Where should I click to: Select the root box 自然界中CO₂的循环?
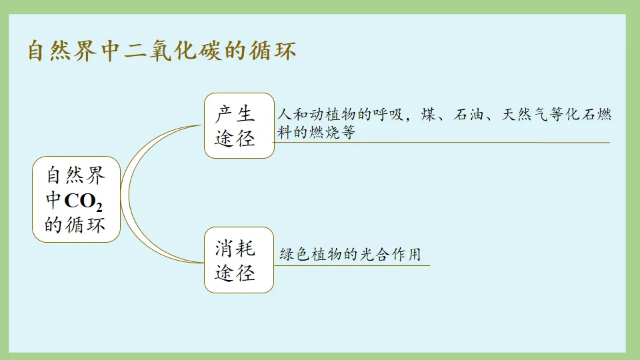(76, 199)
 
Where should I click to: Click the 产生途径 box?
(239, 125)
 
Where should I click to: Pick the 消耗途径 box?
(239, 260)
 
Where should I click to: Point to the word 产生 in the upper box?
(235, 113)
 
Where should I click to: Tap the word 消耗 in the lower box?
(235, 248)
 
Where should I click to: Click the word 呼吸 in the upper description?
(388, 115)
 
